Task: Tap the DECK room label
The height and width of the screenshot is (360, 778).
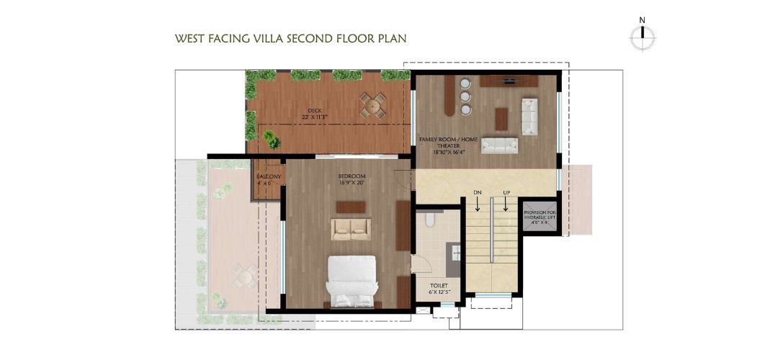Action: [x=314, y=110]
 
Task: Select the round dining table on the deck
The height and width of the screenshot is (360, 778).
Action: [x=372, y=105]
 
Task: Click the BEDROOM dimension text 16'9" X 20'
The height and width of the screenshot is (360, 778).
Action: [x=352, y=183]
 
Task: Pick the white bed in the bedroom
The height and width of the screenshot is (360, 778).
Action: [x=351, y=281]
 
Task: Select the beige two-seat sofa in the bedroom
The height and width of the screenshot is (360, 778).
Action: [x=350, y=229]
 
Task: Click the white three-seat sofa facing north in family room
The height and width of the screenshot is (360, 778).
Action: [x=499, y=145]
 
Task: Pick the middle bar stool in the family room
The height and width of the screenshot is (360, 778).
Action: [x=465, y=96]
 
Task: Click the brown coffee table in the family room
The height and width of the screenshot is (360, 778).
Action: [x=501, y=118]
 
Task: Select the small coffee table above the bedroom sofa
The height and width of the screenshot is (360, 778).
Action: [x=350, y=207]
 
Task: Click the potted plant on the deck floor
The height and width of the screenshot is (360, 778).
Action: [x=271, y=139]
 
